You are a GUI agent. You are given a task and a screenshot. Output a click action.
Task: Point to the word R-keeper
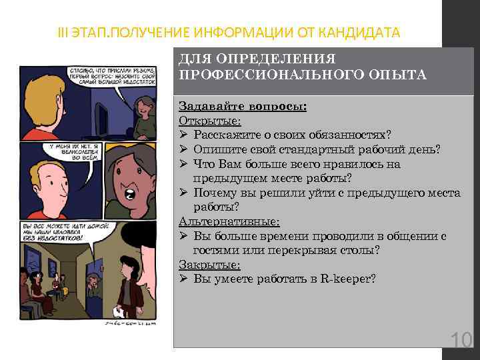click(x=351, y=278)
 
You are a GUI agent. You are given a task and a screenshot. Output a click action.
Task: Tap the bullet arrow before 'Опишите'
click(x=184, y=149)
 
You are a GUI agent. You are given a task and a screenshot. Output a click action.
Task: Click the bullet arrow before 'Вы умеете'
click(x=184, y=278)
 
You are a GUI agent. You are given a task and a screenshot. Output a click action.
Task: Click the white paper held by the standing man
click(x=120, y=311)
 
